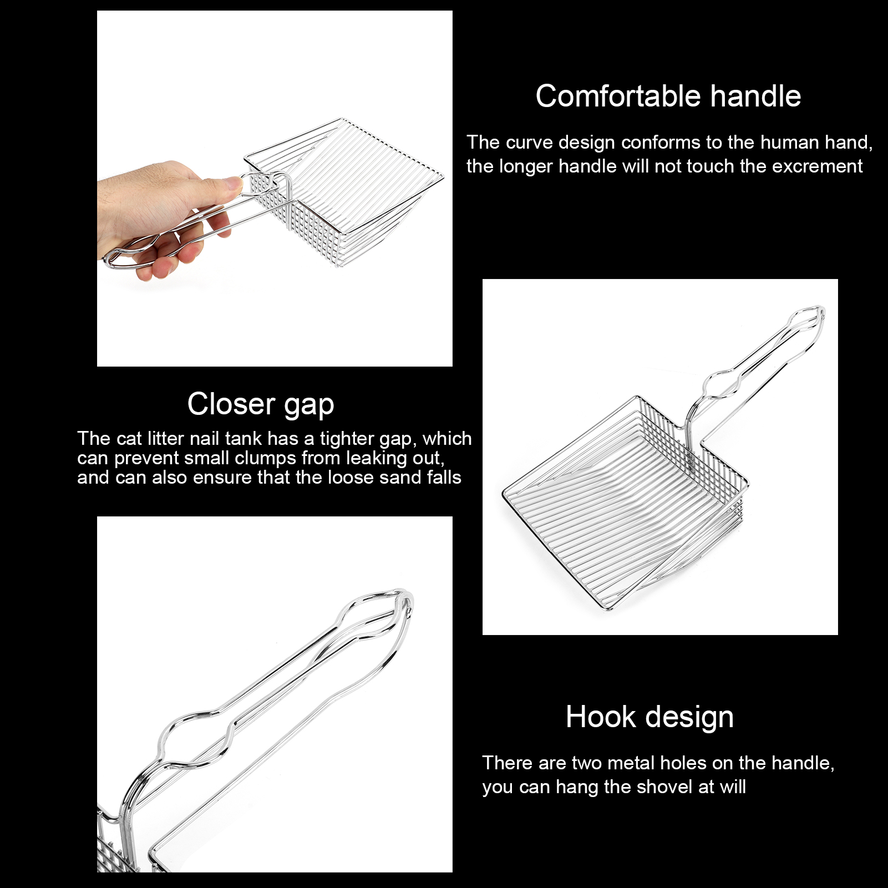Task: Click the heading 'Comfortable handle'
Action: click(x=668, y=96)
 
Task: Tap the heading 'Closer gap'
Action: click(x=261, y=405)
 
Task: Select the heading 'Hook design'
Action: click(x=649, y=718)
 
